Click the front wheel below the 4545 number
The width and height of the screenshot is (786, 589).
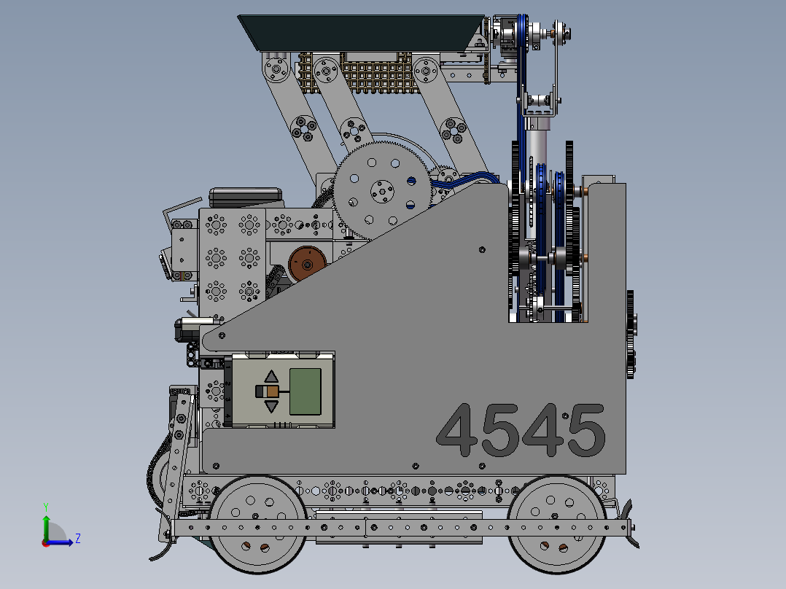point(557,524)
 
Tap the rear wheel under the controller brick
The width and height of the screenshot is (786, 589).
point(257,524)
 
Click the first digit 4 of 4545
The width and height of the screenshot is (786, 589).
point(457,430)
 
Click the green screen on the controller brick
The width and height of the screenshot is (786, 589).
point(306,391)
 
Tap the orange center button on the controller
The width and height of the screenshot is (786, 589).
point(272,391)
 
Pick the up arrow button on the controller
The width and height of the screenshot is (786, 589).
point(271,376)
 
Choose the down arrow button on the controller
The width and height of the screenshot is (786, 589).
point(271,406)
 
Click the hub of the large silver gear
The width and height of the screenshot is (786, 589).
point(382,191)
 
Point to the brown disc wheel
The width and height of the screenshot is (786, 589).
point(307,264)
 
